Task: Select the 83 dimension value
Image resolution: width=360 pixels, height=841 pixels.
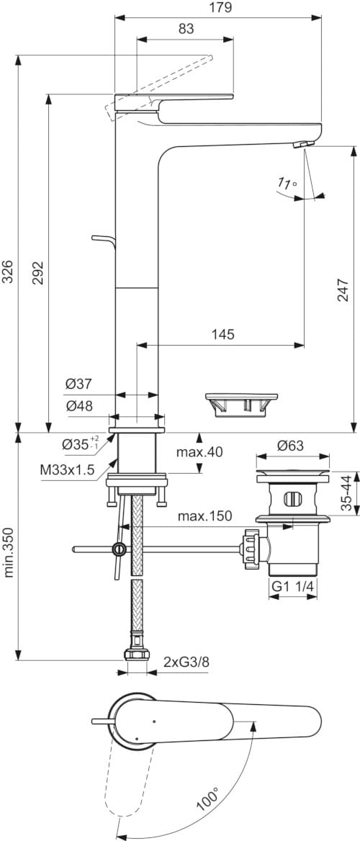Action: [186, 29]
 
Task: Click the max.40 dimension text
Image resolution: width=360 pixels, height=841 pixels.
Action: [199, 452]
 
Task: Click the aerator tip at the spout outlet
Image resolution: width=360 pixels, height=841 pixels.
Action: [302, 146]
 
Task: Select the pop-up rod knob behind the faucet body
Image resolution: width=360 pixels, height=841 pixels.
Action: [96, 238]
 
